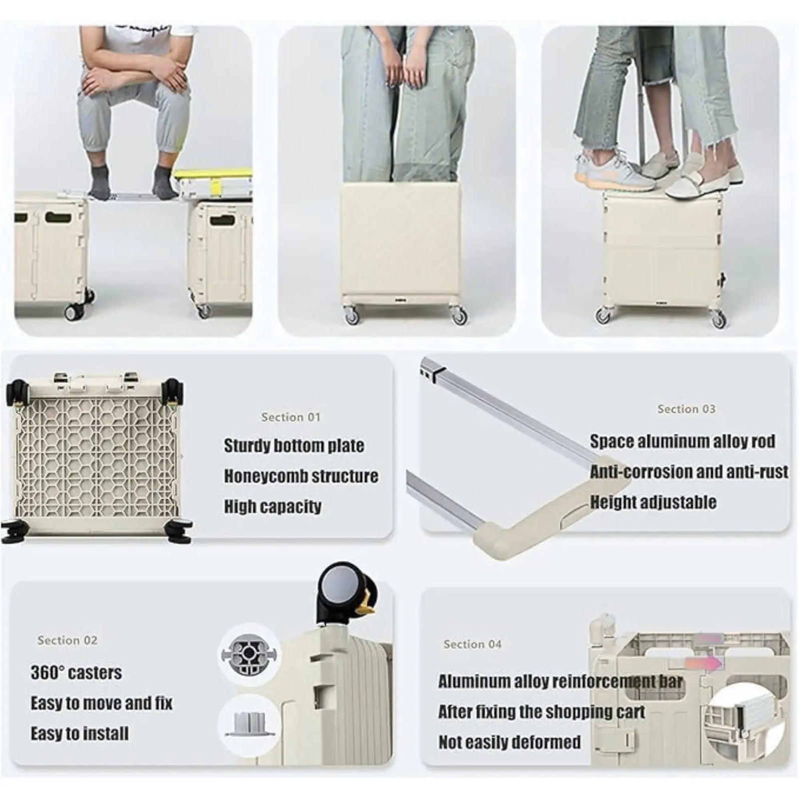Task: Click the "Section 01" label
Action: click(290, 417)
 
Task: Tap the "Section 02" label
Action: click(67, 640)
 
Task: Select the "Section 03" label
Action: click(686, 409)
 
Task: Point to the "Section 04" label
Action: click(472, 644)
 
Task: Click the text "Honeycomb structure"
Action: click(301, 476)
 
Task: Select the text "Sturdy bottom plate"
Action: click(294, 445)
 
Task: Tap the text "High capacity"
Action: click(272, 507)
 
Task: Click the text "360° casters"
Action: click(76, 673)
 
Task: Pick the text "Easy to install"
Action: click(79, 734)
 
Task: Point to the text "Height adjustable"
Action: click(653, 502)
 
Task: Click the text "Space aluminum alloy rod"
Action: click(682, 441)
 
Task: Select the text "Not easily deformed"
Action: click(509, 742)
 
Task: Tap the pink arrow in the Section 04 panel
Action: click(704, 663)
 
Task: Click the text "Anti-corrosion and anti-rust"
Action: click(689, 472)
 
